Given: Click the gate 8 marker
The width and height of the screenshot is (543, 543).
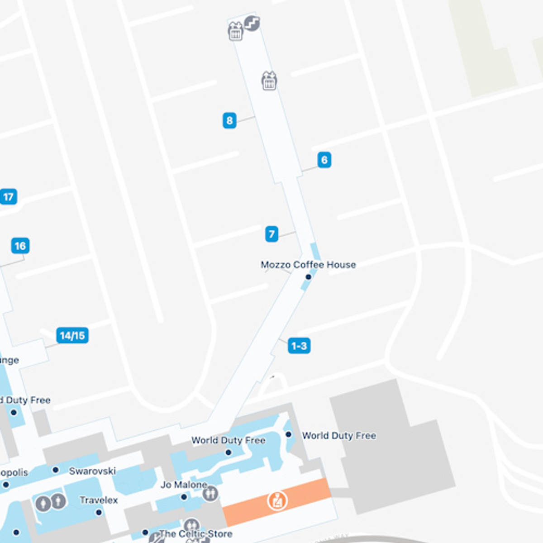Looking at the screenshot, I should (229, 120).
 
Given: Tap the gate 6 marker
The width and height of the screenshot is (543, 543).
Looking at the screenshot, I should (324, 160).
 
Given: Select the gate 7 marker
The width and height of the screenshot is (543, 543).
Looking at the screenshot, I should (271, 234).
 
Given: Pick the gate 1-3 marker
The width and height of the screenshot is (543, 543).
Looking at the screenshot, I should (299, 346).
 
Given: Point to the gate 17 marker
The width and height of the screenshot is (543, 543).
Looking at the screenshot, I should (8, 197).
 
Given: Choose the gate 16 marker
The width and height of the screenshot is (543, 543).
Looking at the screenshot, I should (20, 246).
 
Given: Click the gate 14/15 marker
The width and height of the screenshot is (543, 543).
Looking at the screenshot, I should (72, 335).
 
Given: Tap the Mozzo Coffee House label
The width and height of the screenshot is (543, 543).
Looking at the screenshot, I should (308, 265).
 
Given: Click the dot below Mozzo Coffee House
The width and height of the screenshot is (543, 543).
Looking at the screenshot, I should (309, 277).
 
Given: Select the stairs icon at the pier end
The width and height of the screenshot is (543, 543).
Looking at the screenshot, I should (252, 23).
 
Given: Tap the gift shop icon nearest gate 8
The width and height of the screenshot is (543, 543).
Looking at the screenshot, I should (269, 81).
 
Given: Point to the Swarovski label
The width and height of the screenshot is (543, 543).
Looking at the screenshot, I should (92, 471).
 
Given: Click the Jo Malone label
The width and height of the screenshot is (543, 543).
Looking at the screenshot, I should (184, 485).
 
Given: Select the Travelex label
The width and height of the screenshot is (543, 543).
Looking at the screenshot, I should (99, 500).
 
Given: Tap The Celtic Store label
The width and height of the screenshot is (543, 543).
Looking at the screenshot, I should (196, 534).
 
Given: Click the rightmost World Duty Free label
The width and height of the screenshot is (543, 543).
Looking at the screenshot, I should (339, 436).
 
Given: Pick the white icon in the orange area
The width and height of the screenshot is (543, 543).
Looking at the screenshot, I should (277, 501).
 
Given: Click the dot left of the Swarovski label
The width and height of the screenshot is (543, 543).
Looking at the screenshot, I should (56, 470).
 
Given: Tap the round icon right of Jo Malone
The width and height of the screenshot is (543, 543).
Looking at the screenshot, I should (210, 493).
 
